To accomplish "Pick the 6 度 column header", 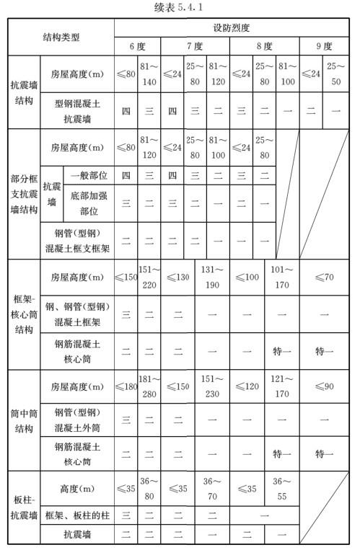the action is click(137, 46).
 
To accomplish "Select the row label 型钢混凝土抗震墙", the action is click(77, 111).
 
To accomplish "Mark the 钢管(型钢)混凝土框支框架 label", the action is click(77, 241).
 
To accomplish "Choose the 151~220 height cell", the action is click(149, 277).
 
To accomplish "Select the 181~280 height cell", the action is click(149, 389).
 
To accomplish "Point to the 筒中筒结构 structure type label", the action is click(24, 420).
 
